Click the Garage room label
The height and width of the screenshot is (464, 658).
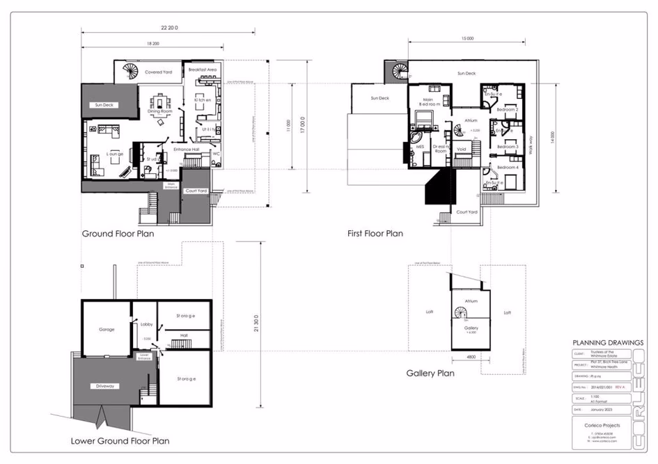tap(107, 329)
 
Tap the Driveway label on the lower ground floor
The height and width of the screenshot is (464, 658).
tap(106, 386)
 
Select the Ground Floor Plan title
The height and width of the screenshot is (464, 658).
tap(118, 234)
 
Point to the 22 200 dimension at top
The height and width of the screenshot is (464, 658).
tap(169, 28)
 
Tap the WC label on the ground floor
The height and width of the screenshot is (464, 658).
tap(216, 153)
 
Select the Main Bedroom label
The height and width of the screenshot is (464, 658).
tap(428, 102)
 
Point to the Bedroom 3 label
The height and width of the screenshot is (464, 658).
tap(508, 147)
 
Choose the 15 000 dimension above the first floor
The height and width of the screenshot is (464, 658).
tap(467, 38)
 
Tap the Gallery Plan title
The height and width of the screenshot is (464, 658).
tap(430, 374)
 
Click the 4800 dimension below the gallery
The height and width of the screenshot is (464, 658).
tap(471, 358)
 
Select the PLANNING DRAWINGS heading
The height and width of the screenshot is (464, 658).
tap(607, 342)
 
